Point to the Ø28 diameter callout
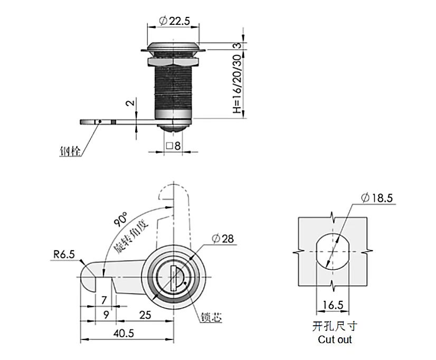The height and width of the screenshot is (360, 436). point(223,239)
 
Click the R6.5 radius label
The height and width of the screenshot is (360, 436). point(64,254)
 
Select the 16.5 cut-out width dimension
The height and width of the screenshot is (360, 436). point(333,305)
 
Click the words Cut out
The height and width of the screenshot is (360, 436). point(335,339)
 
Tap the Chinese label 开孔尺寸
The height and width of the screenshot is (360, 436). point(335,326)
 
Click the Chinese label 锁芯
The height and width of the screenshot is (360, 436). point(212,317)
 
